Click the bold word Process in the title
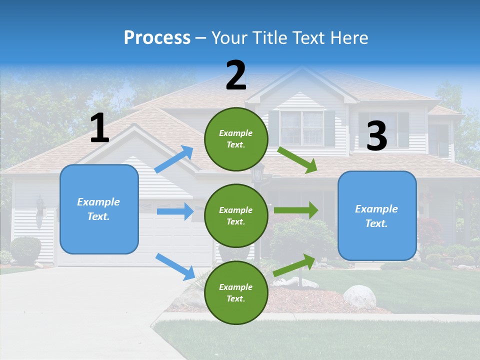tap(157, 37)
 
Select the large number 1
tap(99, 128)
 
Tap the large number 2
tap(236, 75)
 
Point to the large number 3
tap(376, 136)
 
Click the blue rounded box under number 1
tap(99, 209)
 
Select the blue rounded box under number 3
tap(377, 216)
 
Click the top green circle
tap(236, 139)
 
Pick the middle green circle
tap(236, 215)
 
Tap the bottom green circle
tap(236, 292)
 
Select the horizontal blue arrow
tap(175, 211)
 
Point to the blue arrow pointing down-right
tap(175, 266)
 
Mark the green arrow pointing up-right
tap(295, 265)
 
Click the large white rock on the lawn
tap(359, 296)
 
